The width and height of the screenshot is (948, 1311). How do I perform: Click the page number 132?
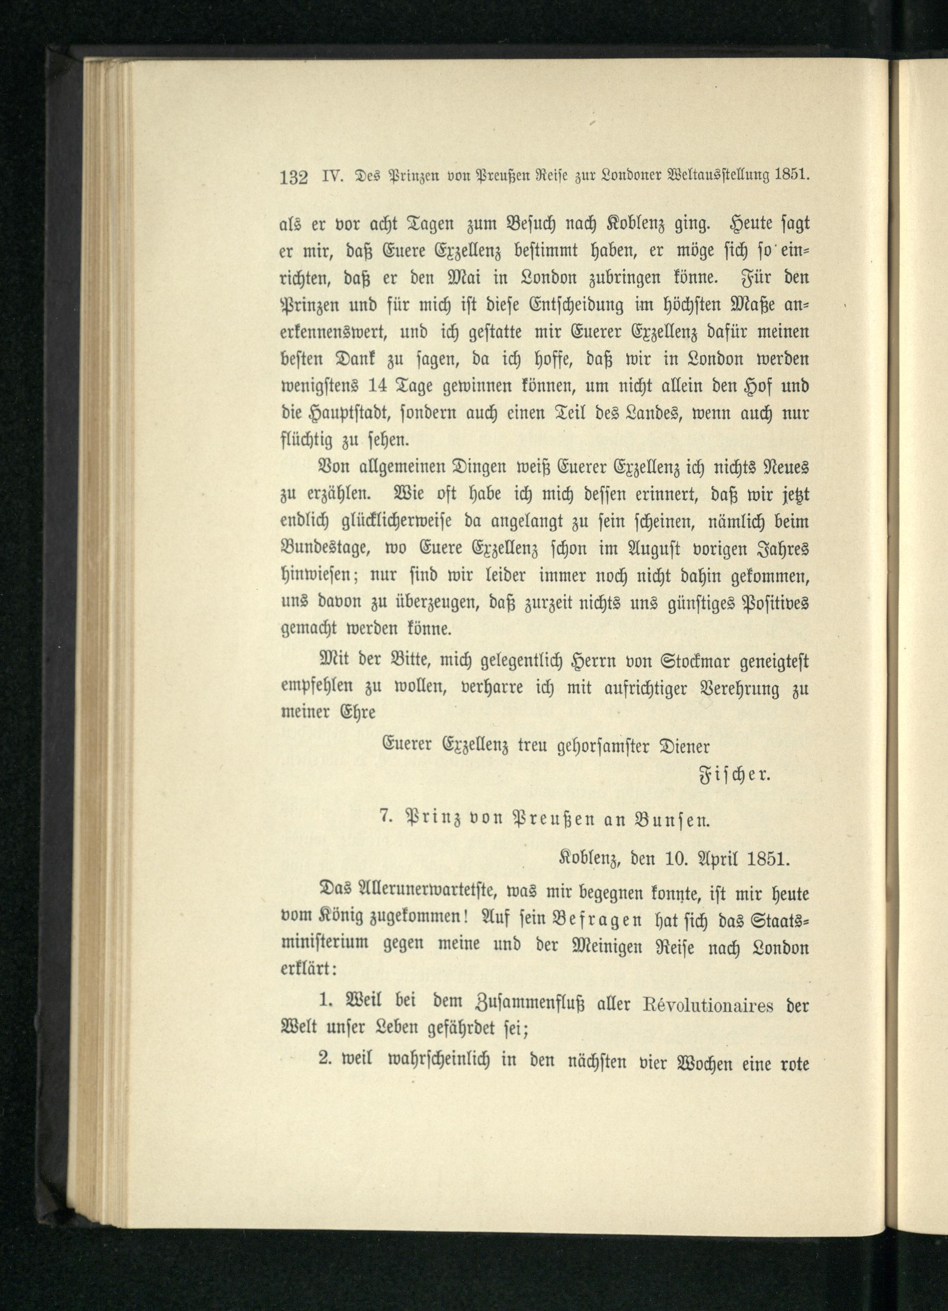[293, 176]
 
